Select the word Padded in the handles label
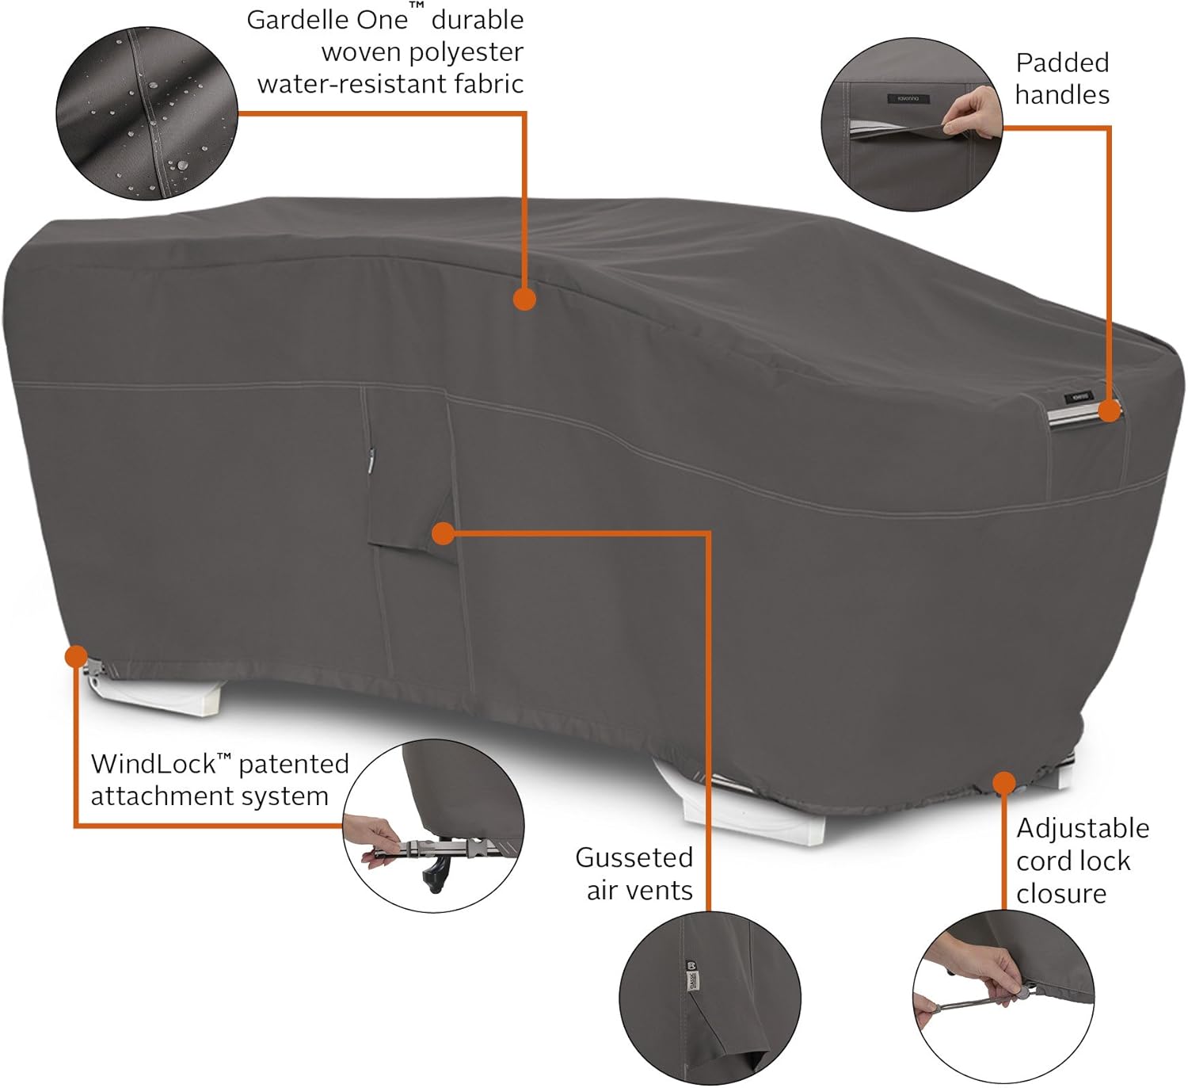pos(1062,63)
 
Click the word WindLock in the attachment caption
pos(154,764)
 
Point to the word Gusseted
pos(634,857)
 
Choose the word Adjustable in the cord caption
pos(1083,829)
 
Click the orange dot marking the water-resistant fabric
pos(524,300)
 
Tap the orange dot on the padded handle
pos(1110,410)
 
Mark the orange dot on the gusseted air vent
pos(443,534)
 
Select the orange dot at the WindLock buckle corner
pos(76,657)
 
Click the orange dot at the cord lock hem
pos(1004,783)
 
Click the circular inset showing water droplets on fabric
pos(147,113)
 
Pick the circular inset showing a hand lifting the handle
pos(912,124)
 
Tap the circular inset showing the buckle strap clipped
pos(433,826)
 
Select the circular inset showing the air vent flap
pos(710,998)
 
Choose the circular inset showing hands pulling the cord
pos(1003,998)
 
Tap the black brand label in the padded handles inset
pos(908,99)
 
